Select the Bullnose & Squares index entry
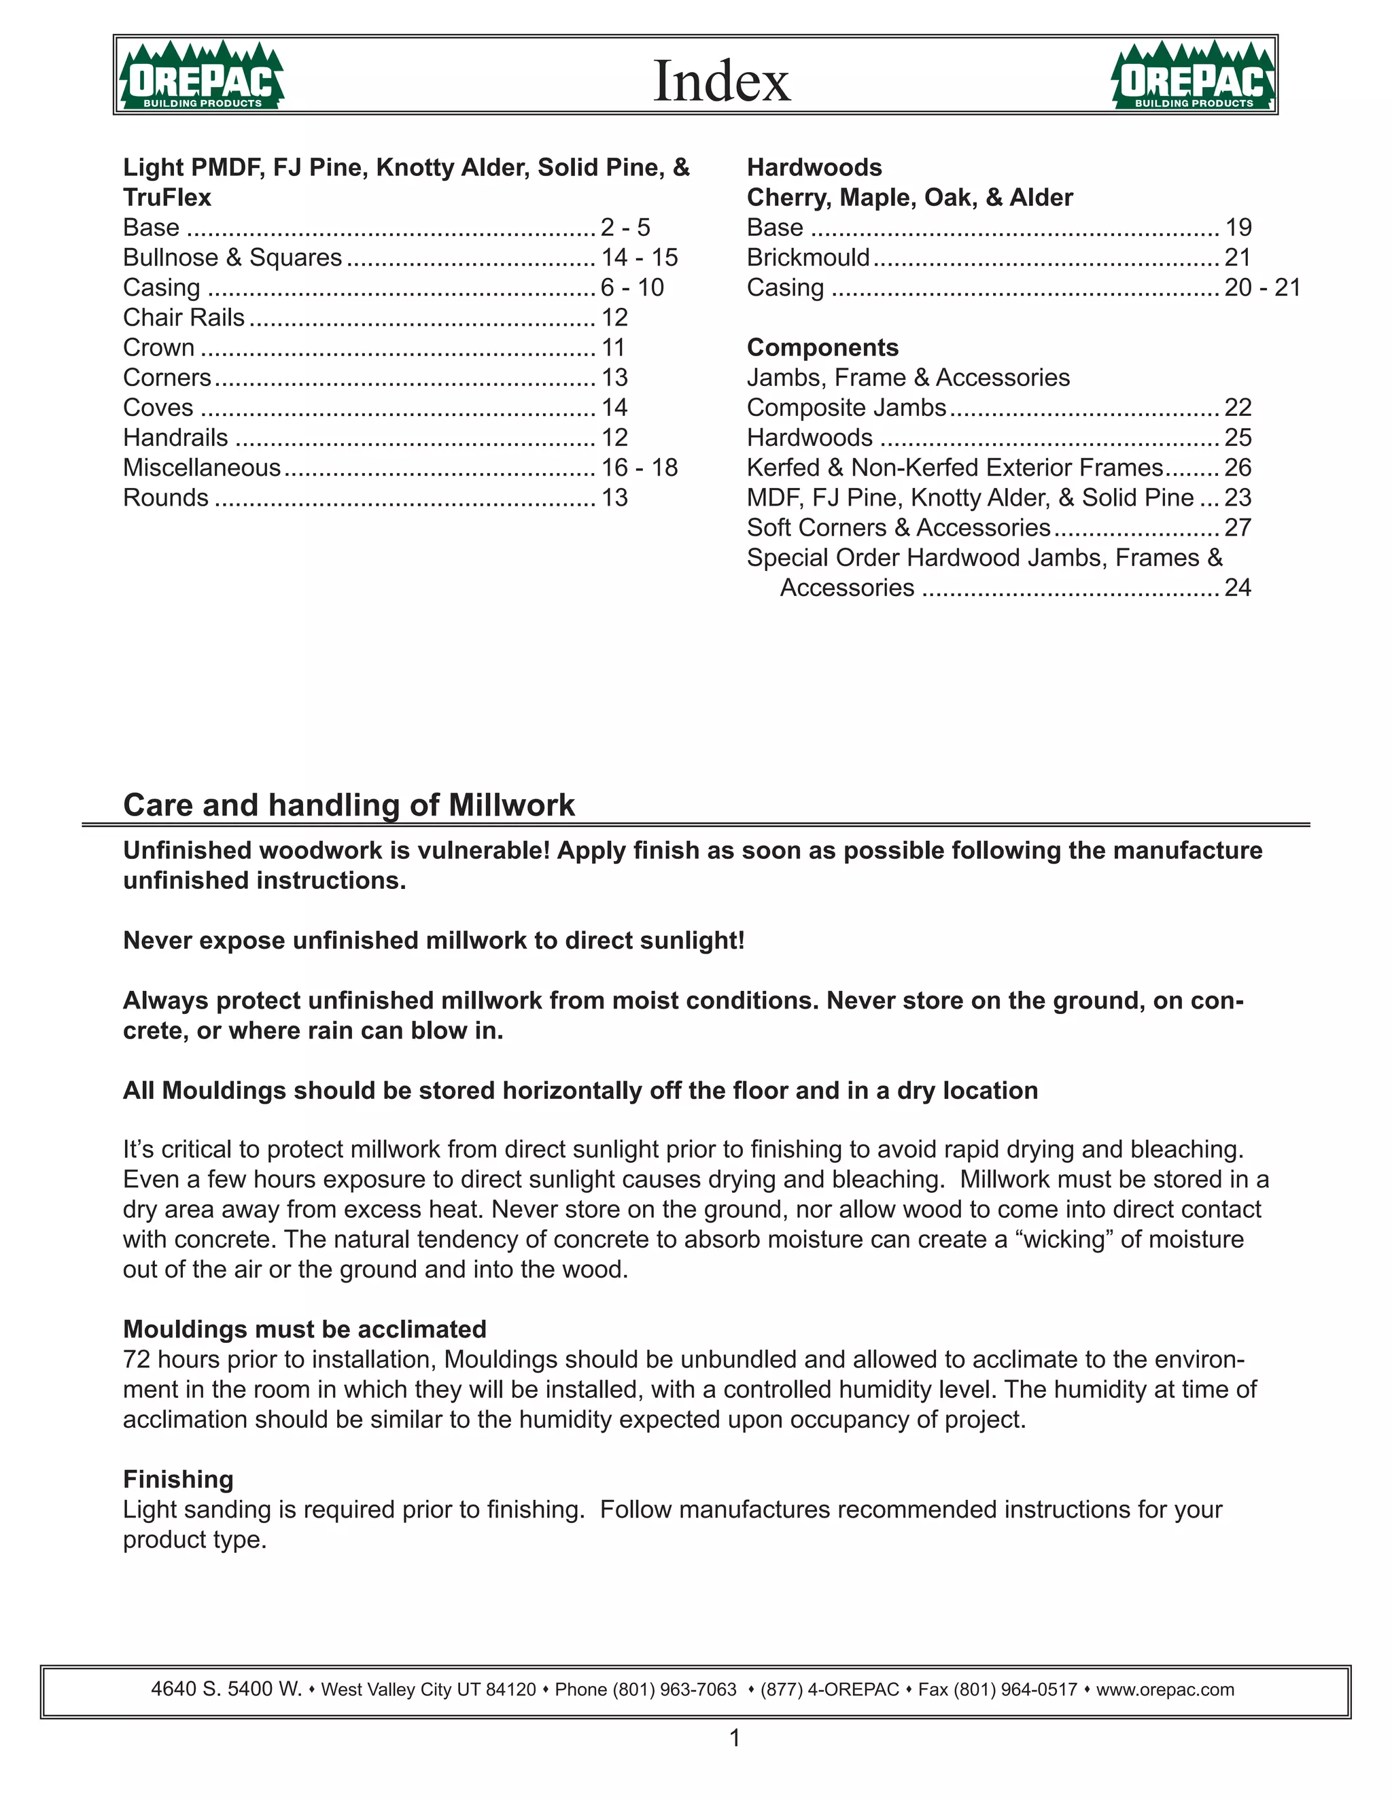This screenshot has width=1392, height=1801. (232, 258)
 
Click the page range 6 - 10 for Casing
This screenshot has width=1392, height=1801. (631, 287)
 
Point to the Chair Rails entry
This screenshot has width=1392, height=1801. (184, 317)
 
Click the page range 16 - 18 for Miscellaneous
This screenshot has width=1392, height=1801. (639, 468)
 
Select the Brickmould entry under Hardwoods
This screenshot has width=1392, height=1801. (807, 258)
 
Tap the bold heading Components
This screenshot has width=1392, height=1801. (822, 347)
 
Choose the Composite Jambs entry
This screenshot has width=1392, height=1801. (846, 407)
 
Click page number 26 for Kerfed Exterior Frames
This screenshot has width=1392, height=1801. (1237, 468)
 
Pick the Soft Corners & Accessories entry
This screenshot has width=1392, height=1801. (898, 528)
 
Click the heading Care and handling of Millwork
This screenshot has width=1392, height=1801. (348, 805)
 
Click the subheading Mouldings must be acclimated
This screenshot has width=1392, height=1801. (304, 1329)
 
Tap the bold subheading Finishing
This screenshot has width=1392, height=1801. (178, 1480)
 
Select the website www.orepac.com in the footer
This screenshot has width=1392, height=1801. (1164, 1690)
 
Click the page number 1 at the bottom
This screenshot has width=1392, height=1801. (735, 1738)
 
